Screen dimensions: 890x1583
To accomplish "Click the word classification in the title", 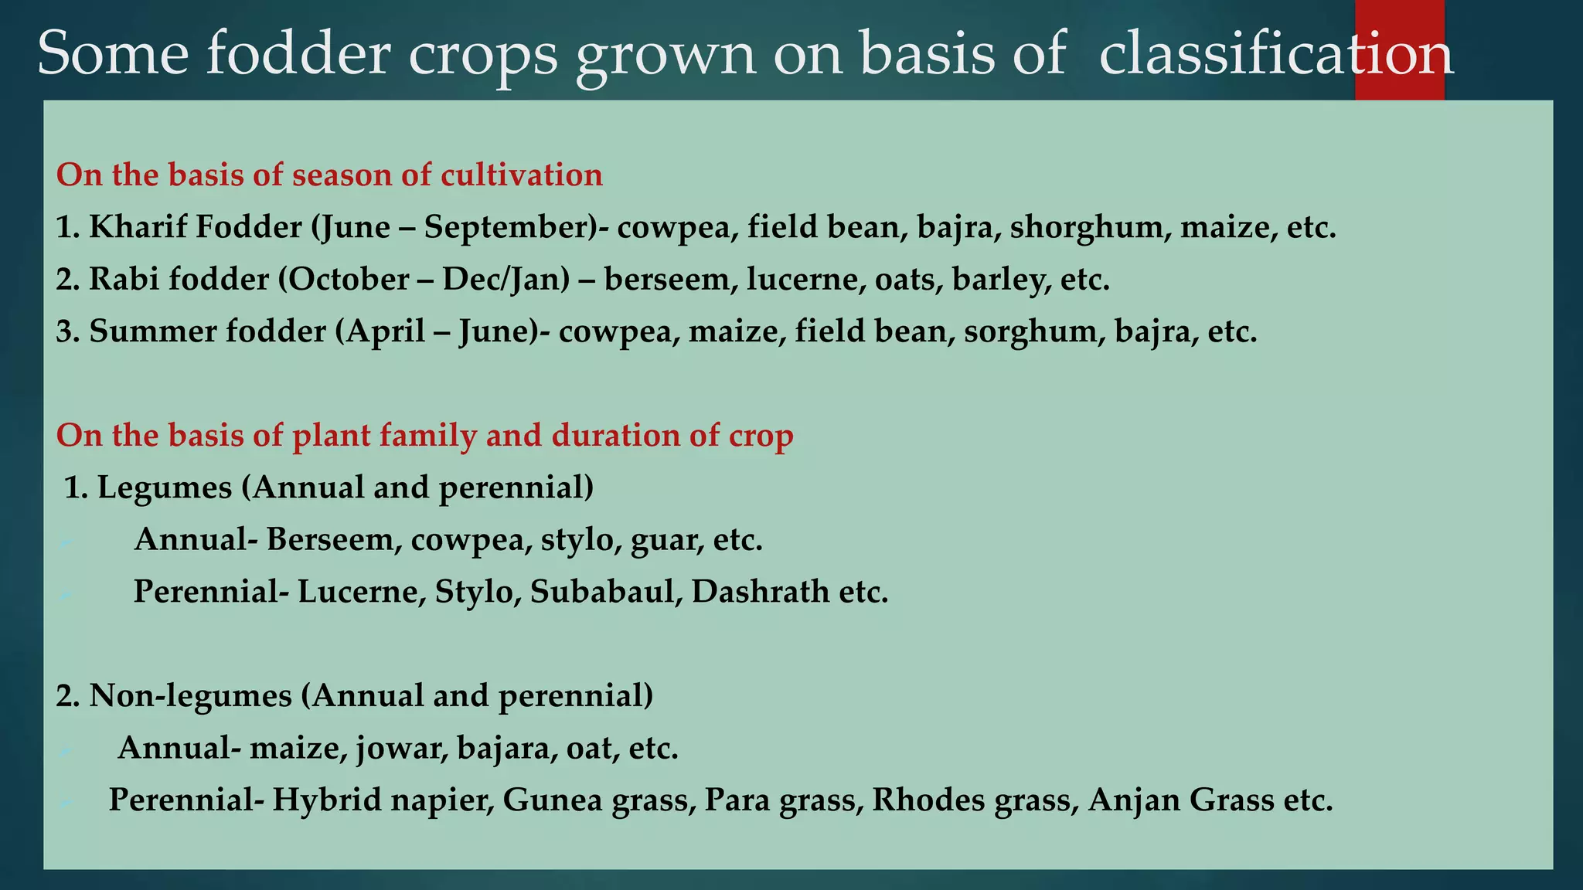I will (1275, 54).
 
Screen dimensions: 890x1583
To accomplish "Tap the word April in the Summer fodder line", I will (385, 331).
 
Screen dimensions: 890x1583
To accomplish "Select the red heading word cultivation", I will (522, 175).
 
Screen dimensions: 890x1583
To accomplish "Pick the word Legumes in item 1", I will (165, 488).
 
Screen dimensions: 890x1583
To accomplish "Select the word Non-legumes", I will (190, 696).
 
